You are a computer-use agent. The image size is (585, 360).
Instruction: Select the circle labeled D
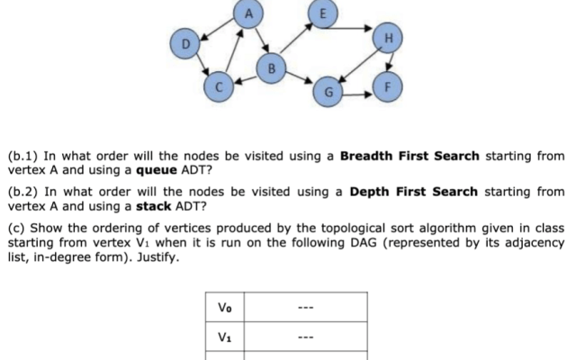pos(185,42)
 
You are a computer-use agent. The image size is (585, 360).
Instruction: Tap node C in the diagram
pos(218,86)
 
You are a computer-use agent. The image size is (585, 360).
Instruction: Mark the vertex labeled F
pos(388,88)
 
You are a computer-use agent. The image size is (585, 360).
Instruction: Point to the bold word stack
pos(152,205)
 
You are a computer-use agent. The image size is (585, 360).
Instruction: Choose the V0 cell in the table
pos(225,307)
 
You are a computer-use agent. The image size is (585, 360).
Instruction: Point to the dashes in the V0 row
pos(307,307)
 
